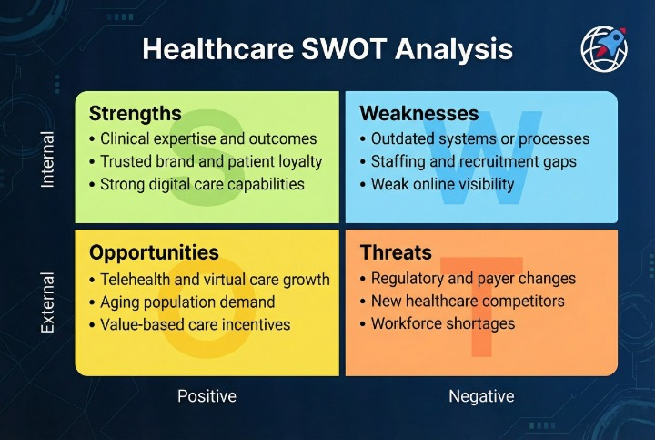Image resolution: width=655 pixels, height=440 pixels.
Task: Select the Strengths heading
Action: [x=136, y=114]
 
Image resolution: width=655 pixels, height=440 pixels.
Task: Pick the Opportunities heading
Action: [x=154, y=252]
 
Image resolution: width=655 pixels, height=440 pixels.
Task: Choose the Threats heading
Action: [x=396, y=252]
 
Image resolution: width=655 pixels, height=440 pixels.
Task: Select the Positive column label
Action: [x=207, y=396]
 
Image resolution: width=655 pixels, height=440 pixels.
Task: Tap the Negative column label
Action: [x=481, y=396]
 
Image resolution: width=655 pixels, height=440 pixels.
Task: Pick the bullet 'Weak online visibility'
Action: [x=442, y=185]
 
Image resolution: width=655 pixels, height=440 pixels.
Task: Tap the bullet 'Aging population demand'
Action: [x=185, y=302]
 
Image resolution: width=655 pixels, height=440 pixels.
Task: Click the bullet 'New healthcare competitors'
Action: [x=468, y=302]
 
